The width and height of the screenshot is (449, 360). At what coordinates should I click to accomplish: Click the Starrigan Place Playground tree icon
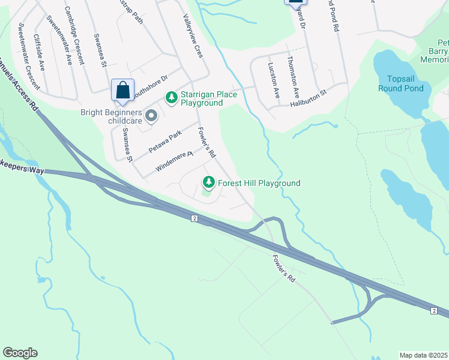point(171,97)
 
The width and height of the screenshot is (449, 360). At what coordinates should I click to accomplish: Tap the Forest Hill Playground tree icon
point(209,182)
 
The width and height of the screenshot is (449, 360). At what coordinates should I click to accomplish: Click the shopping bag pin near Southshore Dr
point(122,91)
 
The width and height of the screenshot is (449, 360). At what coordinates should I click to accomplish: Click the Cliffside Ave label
point(40,53)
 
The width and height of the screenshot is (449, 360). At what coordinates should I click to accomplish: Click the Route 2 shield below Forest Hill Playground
point(194,218)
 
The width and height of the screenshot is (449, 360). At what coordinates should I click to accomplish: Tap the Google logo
point(20,353)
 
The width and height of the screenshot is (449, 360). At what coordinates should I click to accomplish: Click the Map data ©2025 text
point(423,355)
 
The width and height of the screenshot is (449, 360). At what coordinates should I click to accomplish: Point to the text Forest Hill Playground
point(259,183)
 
